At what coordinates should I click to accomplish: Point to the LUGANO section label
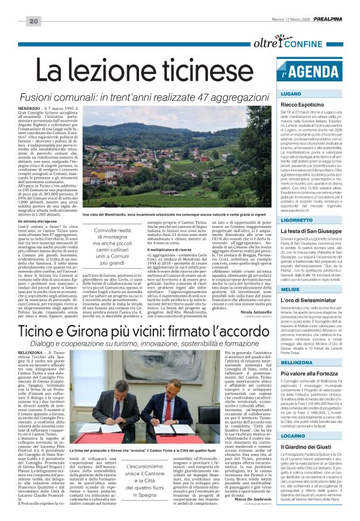pyautogui.click(x=292, y=93)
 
